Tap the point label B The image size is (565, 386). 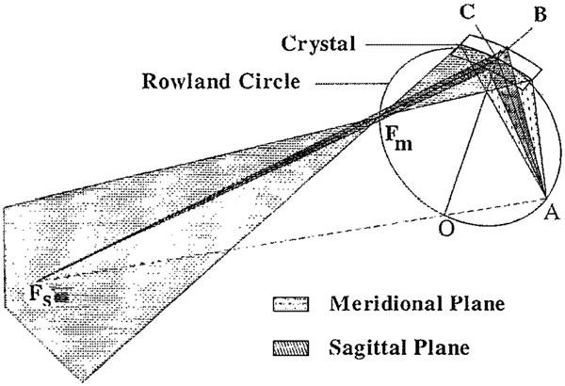coord(541,16)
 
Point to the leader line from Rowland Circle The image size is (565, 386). coord(344,83)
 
